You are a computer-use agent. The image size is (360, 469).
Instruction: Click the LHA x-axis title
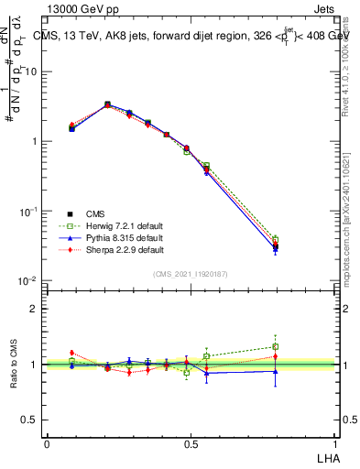[326, 456]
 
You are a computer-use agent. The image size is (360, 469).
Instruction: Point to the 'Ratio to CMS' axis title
[14, 365]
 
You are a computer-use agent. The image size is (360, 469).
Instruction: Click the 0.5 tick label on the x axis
[191, 443]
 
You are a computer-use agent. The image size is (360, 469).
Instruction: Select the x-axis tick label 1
[333, 443]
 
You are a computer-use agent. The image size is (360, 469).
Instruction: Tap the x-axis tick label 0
[48, 443]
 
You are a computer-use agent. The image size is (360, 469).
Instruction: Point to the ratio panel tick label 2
[34, 309]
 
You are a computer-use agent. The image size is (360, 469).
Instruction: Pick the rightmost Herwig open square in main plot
[276, 239]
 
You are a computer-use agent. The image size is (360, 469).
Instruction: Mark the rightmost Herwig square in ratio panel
[276, 346]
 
